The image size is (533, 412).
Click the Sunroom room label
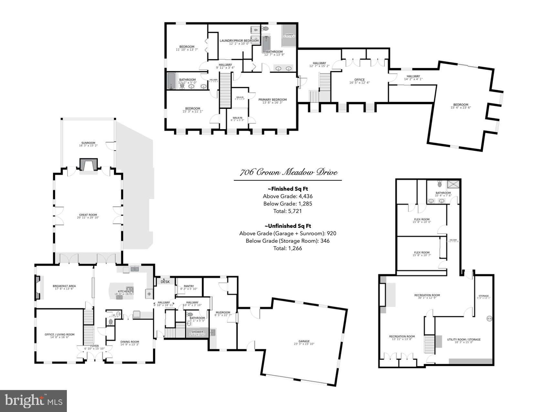[x=88, y=143]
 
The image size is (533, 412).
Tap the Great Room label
[x=88, y=215]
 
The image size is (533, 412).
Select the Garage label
[x=304, y=342]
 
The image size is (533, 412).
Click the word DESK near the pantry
[x=165, y=282]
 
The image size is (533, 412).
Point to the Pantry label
[x=189, y=286]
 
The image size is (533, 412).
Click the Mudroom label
[x=223, y=313]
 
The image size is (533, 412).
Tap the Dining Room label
[x=130, y=342]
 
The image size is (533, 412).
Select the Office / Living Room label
[x=59, y=335]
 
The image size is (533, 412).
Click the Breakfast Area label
[x=64, y=286]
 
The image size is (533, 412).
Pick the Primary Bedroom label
[x=272, y=100]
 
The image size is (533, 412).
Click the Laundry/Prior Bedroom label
[x=239, y=41]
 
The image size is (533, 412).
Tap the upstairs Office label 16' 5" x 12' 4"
[x=359, y=80]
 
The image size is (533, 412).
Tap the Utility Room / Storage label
[x=464, y=340]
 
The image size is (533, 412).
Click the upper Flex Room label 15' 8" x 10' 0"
[x=422, y=220]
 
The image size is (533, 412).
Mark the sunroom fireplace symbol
[x=88, y=164]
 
